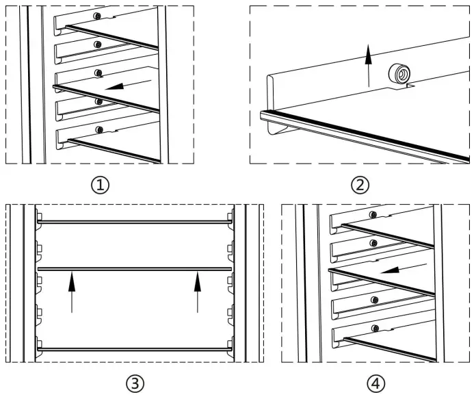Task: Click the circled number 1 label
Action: tap(102, 184)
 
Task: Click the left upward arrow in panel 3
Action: tap(71, 292)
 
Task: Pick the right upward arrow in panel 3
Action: tap(197, 292)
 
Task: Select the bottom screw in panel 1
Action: tap(100, 129)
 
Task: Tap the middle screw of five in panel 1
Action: tap(99, 73)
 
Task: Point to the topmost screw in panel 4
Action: tap(372, 215)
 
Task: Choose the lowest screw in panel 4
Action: tap(375, 329)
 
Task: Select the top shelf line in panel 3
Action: tap(133, 222)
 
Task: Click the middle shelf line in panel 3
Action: tap(133, 268)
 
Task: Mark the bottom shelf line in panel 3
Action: tap(133, 348)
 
